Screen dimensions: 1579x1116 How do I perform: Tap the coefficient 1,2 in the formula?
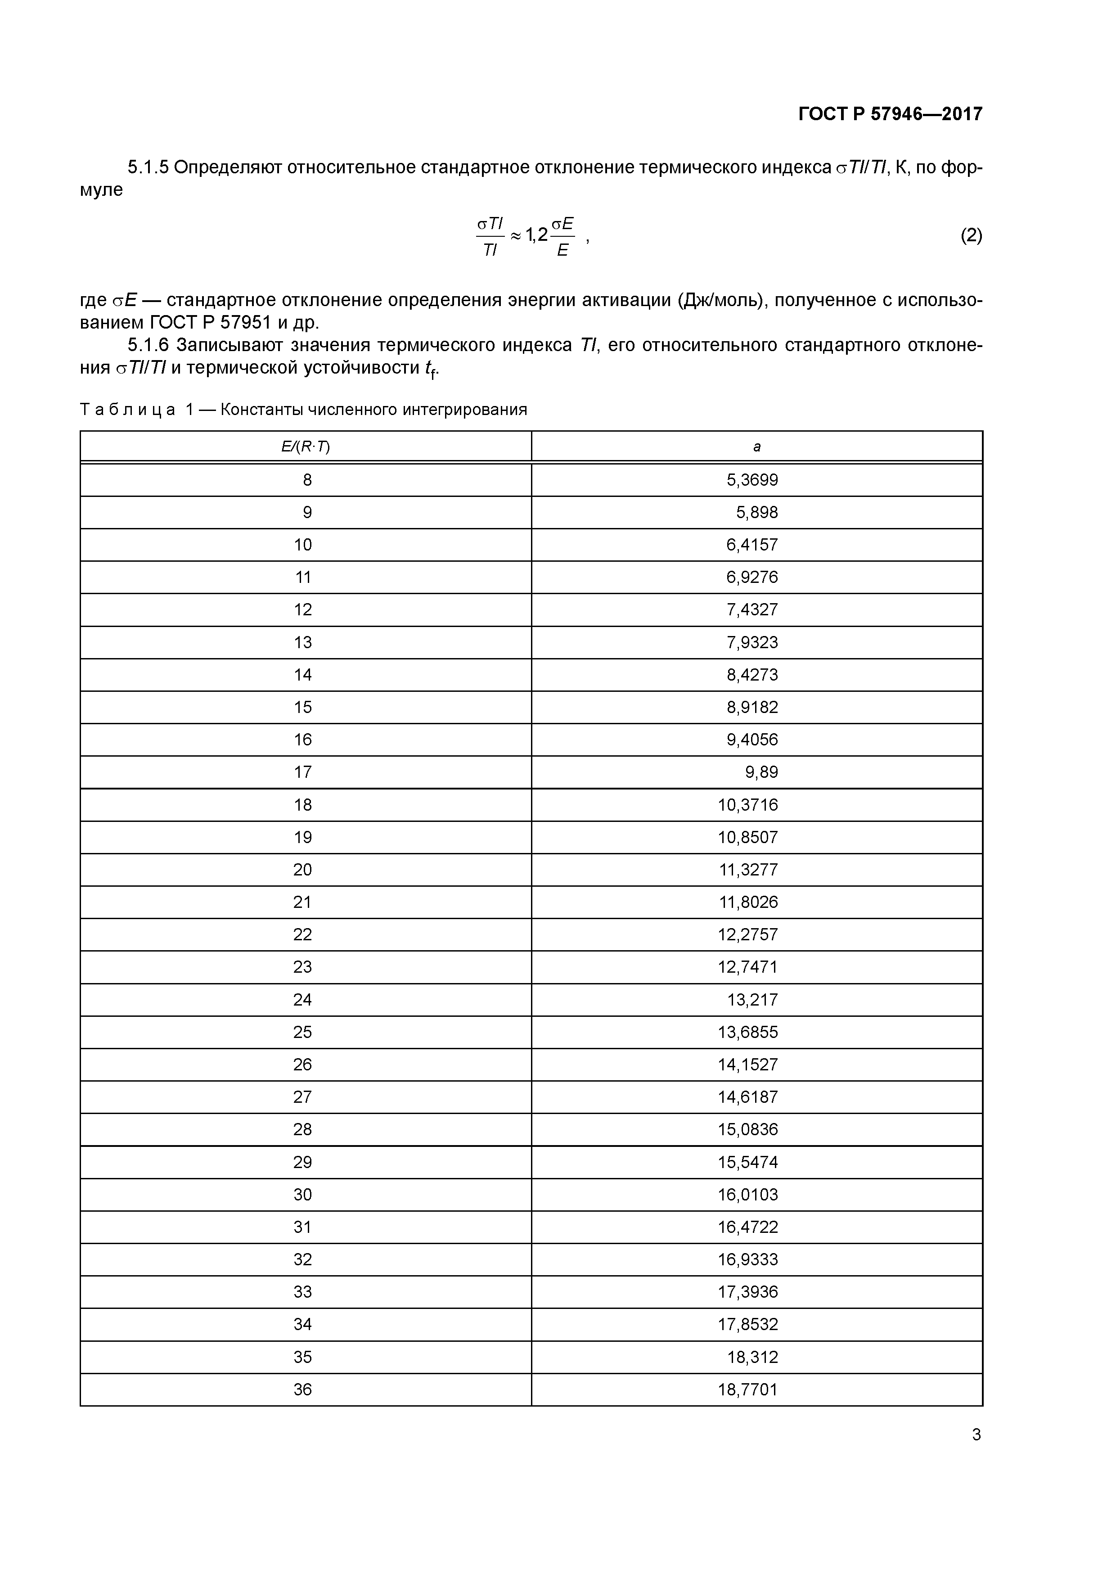click(536, 235)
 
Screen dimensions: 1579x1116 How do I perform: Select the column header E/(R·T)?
click(305, 447)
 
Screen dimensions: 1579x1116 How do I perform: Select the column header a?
click(756, 447)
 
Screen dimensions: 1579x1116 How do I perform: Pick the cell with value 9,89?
click(761, 772)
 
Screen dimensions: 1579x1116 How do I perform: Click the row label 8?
click(307, 480)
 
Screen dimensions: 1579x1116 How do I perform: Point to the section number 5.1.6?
click(148, 345)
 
